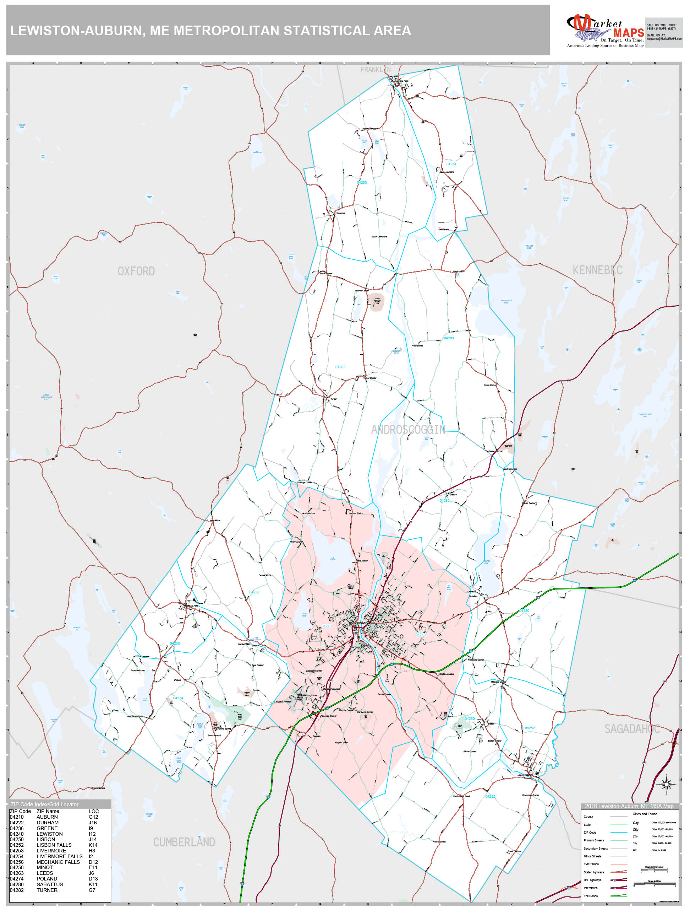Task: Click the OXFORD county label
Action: [x=136, y=271]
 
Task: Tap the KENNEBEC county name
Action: [x=597, y=270]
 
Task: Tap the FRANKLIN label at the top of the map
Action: [x=375, y=70]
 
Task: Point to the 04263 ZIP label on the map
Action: [x=448, y=338]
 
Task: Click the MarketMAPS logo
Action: [x=605, y=31]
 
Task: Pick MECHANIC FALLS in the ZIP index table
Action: [x=58, y=862]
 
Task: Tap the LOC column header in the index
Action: [x=94, y=811]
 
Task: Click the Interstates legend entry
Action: [x=590, y=888]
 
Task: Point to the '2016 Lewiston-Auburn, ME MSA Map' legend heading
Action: [x=629, y=806]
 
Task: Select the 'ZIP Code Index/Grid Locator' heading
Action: [x=44, y=804]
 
